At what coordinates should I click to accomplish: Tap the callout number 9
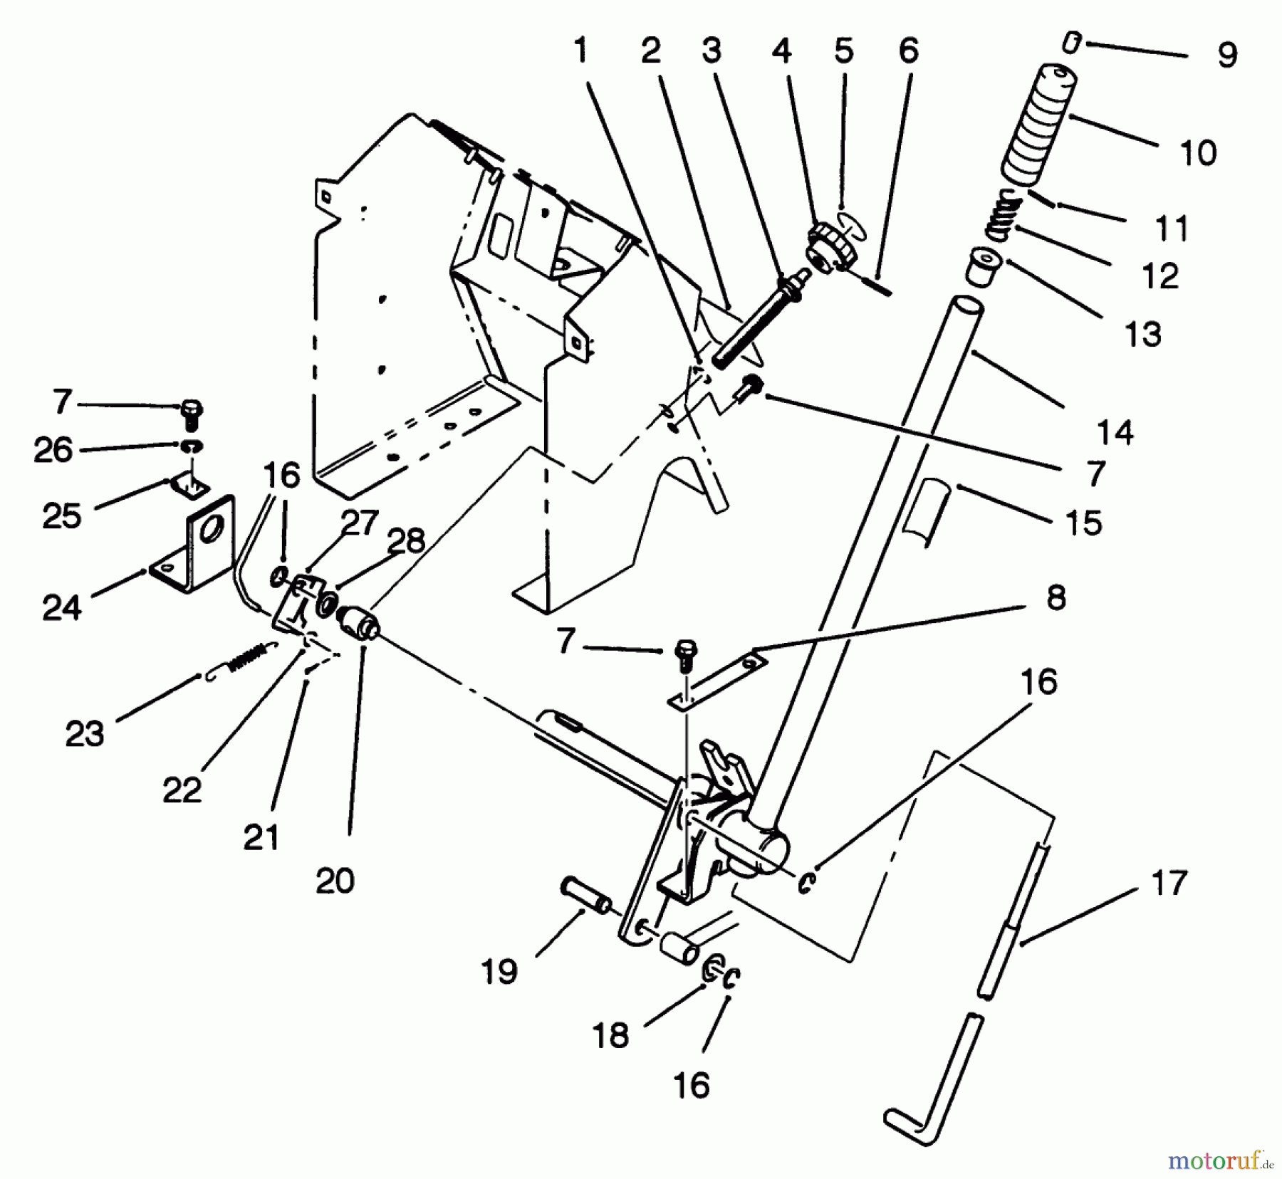pos(1227,56)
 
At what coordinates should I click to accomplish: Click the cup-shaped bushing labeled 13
pos(983,268)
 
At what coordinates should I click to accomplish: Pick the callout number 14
pos(1115,432)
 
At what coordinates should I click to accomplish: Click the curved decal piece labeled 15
pos(924,511)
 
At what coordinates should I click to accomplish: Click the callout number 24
pos(61,607)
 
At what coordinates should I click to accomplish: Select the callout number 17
pos(1169,884)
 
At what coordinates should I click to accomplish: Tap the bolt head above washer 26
pos(192,410)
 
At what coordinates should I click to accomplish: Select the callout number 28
pos(407,543)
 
